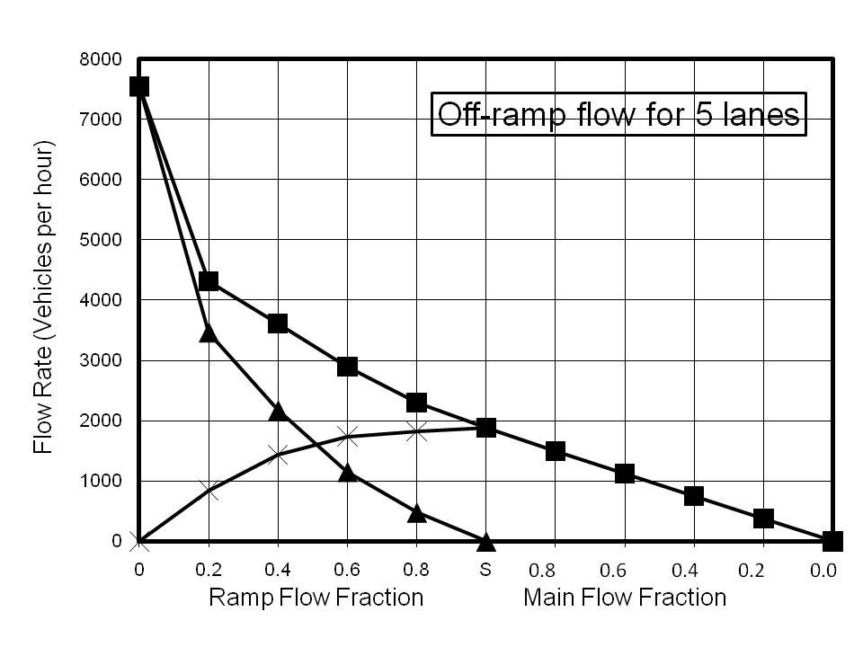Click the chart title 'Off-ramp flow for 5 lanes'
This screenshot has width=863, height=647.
click(x=618, y=114)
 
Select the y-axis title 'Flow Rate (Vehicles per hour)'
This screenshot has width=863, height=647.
click(x=43, y=297)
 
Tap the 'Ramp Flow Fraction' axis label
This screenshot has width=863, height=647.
click(x=316, y=598)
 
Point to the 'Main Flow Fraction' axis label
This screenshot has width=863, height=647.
click(x=625, y=598)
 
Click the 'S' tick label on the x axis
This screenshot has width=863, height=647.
click(x=485, y=570)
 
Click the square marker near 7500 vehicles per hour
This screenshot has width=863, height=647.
click(x=138, y=86)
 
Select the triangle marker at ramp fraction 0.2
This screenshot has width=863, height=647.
click(x=209, y=332)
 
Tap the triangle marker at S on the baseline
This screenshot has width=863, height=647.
click(x=486, y=542)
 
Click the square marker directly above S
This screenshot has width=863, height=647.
click(x=486, y=428)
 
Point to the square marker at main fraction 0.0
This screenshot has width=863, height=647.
click(x=832, y=541)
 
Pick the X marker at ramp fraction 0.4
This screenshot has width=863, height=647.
click(x=278, y=454)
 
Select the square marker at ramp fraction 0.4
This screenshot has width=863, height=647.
click(x=278, y=323)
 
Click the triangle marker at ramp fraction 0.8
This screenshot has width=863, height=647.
click(x=416, y=513)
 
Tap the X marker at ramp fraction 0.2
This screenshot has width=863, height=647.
click(x=209, y=491)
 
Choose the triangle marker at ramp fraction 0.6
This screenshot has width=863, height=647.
click(x=347, y=472)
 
